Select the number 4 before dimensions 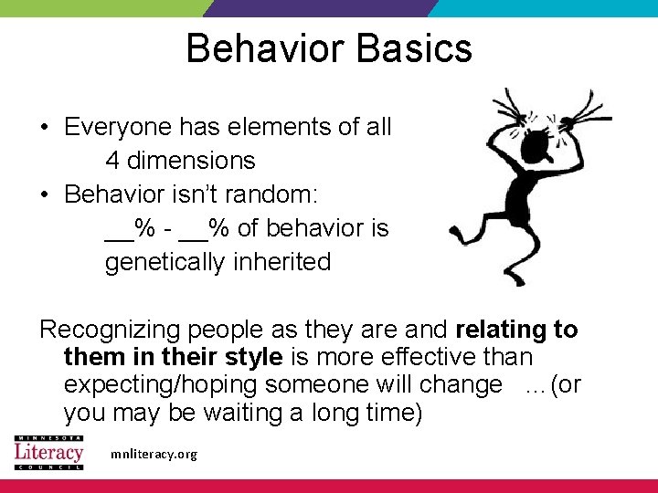[112, 161]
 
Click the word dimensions [191, 161]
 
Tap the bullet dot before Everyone [46, 128]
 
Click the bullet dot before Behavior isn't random [46, 195]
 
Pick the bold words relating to [516, 329]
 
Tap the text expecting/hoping [163, 384]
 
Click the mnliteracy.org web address [152, 454]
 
